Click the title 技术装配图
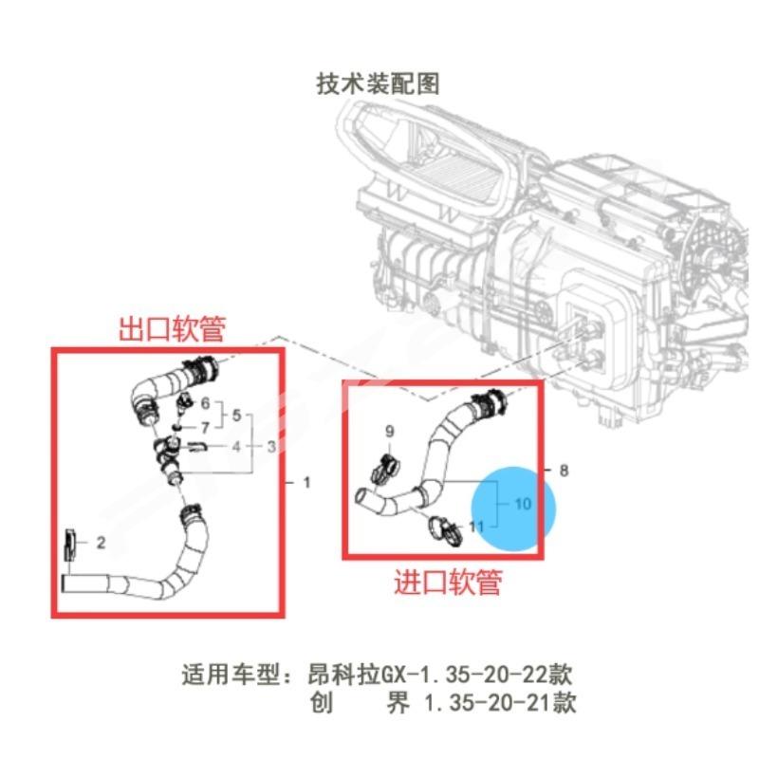tap(378, 83)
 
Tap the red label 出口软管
tap(171, 329)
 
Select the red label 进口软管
tap(447, 582)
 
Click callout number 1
tap(306, 483)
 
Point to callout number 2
tap(101, 542)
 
